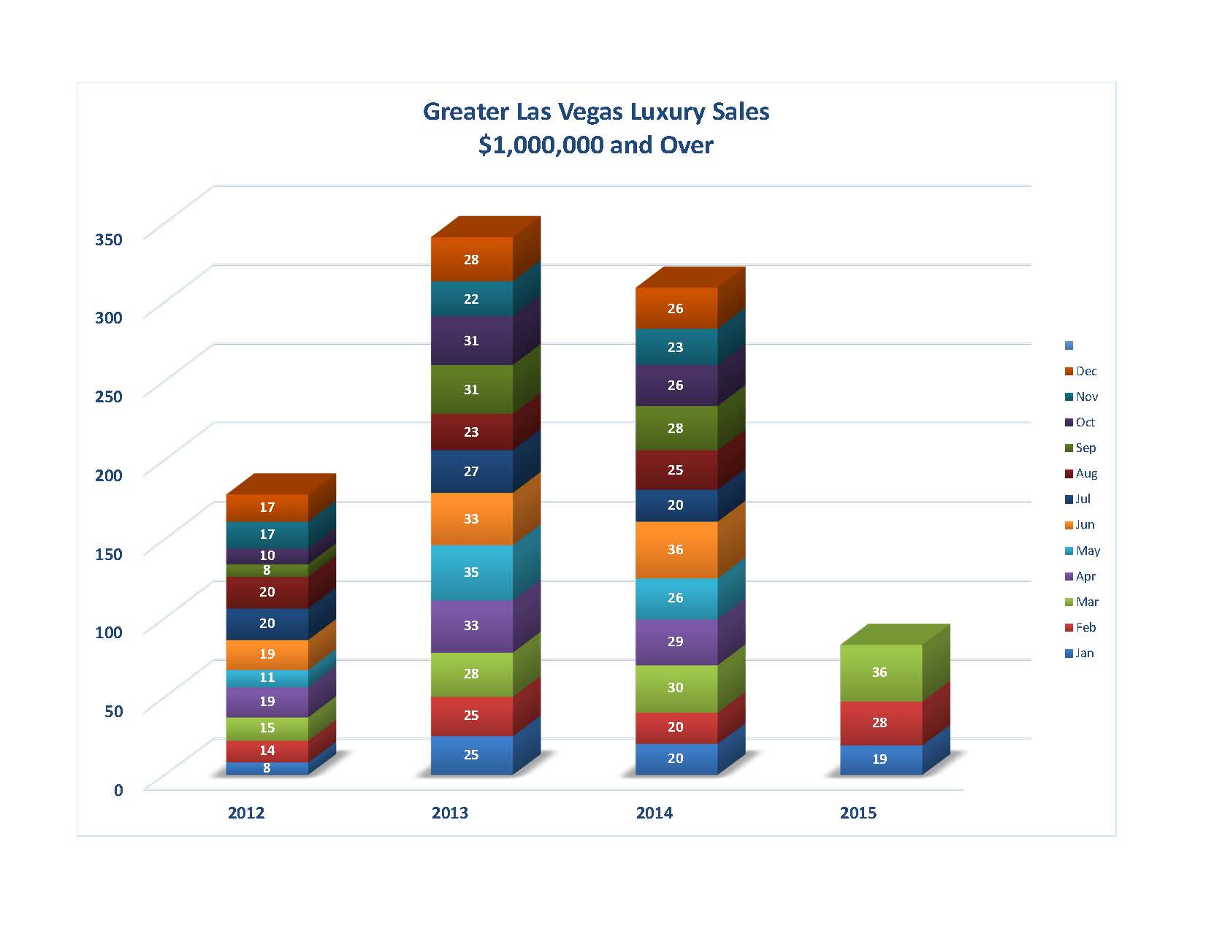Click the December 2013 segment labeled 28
click(x=471, y=259)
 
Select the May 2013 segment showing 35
click(x=471, y=572)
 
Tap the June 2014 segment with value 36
click(x=676, y=549)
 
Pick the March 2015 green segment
click(x=880, y=673)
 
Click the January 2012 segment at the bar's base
click(x=267, y=768)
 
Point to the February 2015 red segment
click(x=880, y=723)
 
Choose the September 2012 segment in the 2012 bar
click(x=267, y=570)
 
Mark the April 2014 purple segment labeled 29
click(x=676, y=642)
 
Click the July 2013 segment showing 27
click(x=471, y=472)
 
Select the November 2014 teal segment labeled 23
click(x=676, y=348)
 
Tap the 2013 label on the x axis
click(x=450, y=813)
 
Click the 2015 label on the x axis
click(x=858, y=813)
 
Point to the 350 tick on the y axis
click(x=109, y=239)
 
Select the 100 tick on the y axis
click(x=109, y=632)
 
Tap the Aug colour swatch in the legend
click(x=1069, y=474)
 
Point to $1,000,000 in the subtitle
click(x=541, y=145)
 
